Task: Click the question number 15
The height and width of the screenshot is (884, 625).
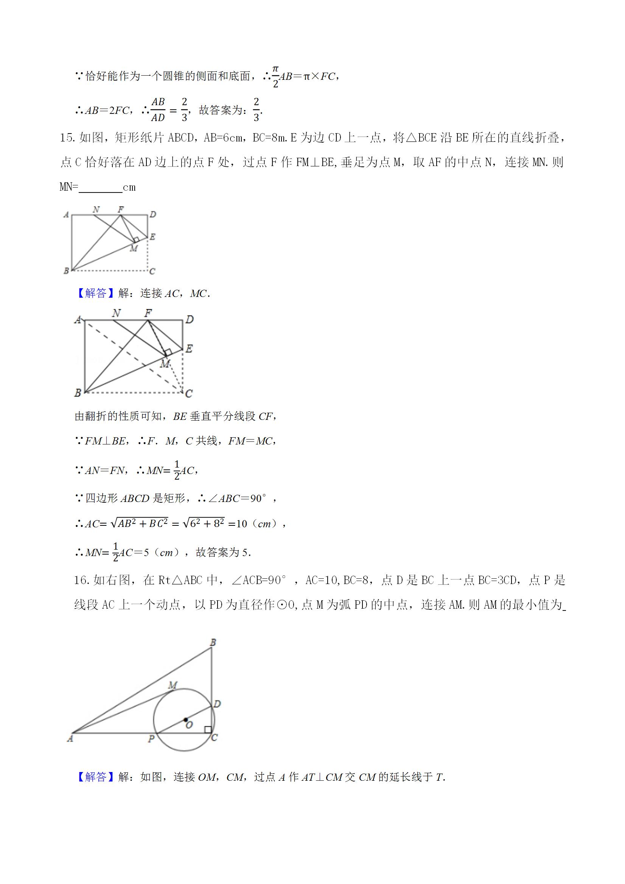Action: [68, 138]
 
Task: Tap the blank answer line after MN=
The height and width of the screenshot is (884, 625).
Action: [100, 188]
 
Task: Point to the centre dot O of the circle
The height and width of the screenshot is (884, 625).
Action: [186, 719]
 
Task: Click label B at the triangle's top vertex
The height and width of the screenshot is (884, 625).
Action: [213, 642]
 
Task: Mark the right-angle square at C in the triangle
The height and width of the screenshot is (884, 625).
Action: [208, 730]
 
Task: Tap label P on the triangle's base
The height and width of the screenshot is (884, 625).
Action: [151, 739]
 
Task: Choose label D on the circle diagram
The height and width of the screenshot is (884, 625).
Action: [217, 704]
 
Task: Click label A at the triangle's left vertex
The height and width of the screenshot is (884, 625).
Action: [70, 738]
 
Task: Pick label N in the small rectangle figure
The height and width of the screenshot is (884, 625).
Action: [96, 210]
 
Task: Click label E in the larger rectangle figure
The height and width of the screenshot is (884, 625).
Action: [189, 349]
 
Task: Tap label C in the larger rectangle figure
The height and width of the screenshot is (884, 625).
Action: [189, 393]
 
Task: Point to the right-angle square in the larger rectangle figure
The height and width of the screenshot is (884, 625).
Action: [168, 353]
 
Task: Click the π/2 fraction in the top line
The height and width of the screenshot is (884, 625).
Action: [275, 76]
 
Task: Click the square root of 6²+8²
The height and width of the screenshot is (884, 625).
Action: [204, 523]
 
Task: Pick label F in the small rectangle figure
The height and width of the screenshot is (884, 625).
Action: [121, 210]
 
